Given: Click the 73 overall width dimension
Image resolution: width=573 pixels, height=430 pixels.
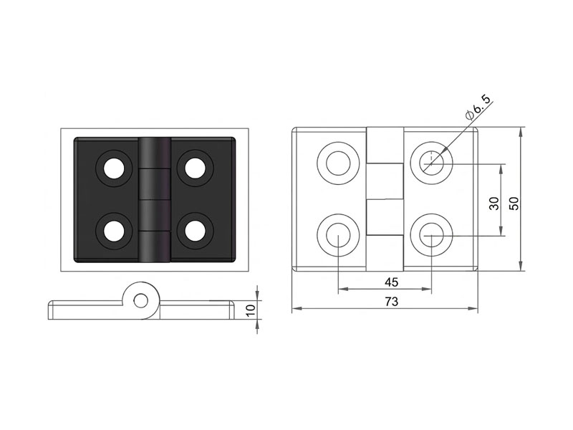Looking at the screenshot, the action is (x=391, y=302).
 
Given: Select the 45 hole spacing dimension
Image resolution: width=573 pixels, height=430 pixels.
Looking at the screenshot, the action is (x=391, y=282).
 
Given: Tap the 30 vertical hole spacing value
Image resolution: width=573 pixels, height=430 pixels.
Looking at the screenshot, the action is (x=494, y=204).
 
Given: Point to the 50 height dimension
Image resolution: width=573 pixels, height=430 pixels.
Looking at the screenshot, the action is (x=514, y=204).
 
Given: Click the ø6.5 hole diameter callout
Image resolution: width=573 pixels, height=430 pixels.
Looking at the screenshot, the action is (x=478, y=106).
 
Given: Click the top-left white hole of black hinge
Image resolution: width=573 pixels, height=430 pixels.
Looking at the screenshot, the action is (x=114, y=168).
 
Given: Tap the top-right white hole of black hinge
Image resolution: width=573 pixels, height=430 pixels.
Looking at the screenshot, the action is (x=194, y=168).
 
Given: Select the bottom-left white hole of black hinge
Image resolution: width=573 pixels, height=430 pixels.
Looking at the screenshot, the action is (x=114, y=231).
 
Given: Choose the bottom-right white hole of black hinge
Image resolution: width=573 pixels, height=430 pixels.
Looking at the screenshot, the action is (x=194, y=231).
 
